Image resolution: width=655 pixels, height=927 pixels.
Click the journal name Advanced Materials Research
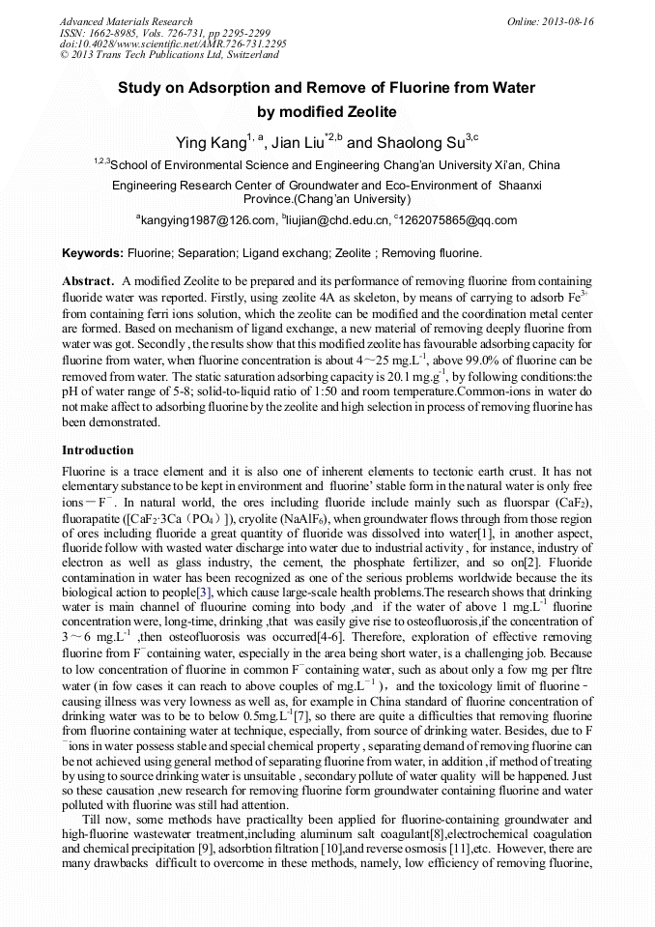pos(126,21)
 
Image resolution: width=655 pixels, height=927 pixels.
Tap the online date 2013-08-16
pos(568,21)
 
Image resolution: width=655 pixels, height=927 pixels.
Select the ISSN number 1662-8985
pos(121,33)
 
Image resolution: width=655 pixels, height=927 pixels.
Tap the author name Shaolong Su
pos(412,143)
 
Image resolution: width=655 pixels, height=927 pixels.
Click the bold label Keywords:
pos(93,254)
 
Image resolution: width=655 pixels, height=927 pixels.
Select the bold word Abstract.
pos(88,280)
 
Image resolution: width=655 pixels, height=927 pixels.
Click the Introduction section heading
pos(98,450)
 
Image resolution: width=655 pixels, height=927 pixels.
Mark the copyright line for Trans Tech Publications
pos(169,55)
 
